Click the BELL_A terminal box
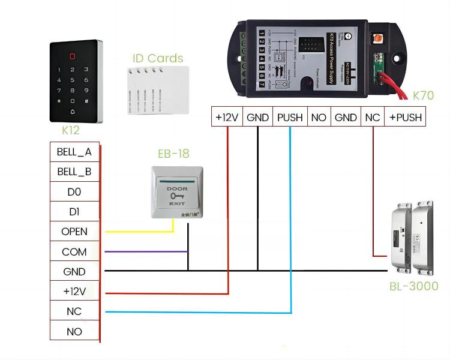pyautogui.click(x=74, y=152)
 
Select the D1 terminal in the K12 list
pyautogui.click(x=74, y=212)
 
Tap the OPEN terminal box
pyautogui.click(x=74, y=232)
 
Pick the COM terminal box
pyautogui.click(x=74, y=252)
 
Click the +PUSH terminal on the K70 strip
pyautogui.click(x=405, y=118)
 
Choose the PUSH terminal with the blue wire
pyautogui.click(x=290, y=118)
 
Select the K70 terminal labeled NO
pyautogui.click(x=319, y=118)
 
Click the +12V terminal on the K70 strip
pyautogui.click(x=227, y=118)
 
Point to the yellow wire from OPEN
pyautogui.click(x=138, y=231)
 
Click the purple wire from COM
pyautogui.click(x=144, y=251)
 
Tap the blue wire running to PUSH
pyautogui.click(x=198, y=312)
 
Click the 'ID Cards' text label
pyautogui.click(x=158, y=58)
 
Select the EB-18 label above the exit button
pyautogui.click(x=173, y=154)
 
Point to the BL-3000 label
pyautogui.click(x=414, y=287)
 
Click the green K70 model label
pyautogui.click(x=423, y=95)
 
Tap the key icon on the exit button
pyautogui.click(x=177, y=196)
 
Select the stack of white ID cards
pyautogui.click(x=157, y=90)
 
